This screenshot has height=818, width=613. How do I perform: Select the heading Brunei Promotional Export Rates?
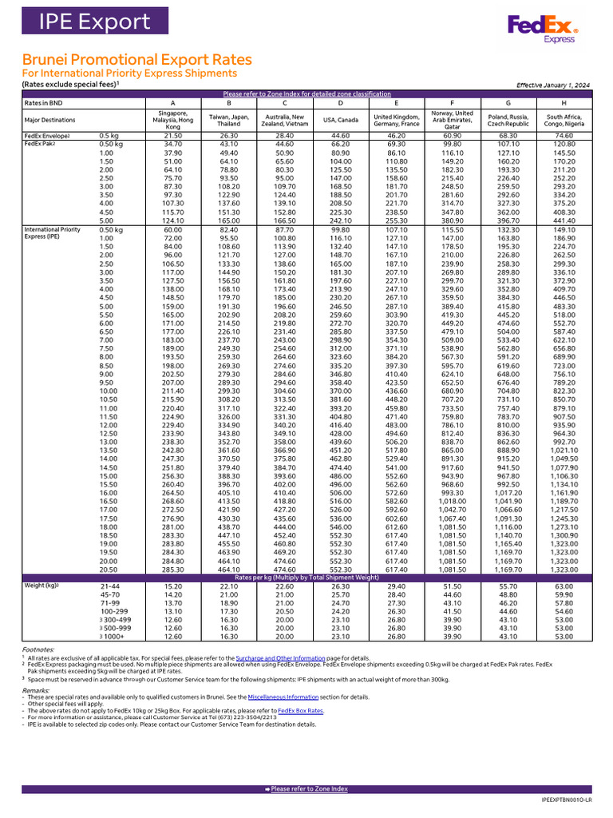coord(136,60)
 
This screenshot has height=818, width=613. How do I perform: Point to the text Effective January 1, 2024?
coord(553,85)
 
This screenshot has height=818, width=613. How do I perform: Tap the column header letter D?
coord(341,102)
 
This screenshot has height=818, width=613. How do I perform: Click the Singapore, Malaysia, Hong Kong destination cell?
coord(172,120)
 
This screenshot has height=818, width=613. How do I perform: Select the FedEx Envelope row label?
coord(47,136)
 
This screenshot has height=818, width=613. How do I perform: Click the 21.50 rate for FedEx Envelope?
coord(172,136)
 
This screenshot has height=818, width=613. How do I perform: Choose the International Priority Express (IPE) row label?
coord(53,233)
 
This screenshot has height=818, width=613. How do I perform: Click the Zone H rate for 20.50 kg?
coord(565,569)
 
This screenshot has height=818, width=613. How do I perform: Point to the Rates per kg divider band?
coord(306,578)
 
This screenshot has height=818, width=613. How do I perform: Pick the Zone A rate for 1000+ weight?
coord(172,637)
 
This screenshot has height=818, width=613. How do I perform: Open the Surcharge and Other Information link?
coord(280,658)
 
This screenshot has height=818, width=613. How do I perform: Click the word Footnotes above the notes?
coord(38,650)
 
